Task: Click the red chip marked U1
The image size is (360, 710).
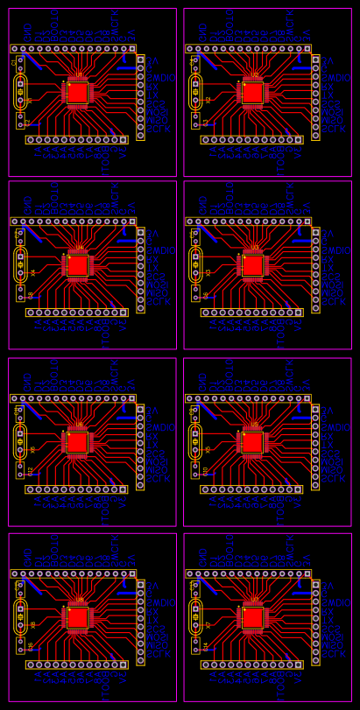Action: (x=78, y=92)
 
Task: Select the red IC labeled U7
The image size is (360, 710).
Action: (x=253, y=617)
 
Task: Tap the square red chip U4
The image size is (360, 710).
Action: (x=78, y=265)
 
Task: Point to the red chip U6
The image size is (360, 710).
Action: (x=78, y=442)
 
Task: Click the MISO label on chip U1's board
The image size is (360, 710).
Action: (x=158, y=114)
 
